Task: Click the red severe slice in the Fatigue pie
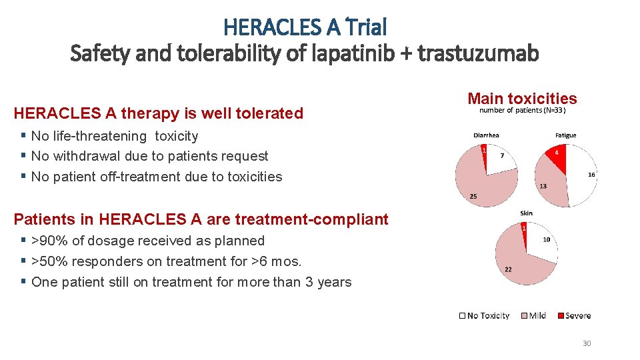[x=557, y=159]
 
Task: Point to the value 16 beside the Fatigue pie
[x=591, y=175]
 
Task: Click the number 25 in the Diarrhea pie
[x=473, y=197]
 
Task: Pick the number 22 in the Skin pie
[x=508, y=269]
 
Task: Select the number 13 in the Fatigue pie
[x=543, y=186]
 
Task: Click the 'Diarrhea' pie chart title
[x=486, y=135]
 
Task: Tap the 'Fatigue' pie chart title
[x=565, y=135]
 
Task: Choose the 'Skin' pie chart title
[x=526, y=213]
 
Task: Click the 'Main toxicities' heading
[x=522, y=99]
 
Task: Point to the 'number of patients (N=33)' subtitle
[x=522, y=111]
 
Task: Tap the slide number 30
[x=587, y=343]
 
